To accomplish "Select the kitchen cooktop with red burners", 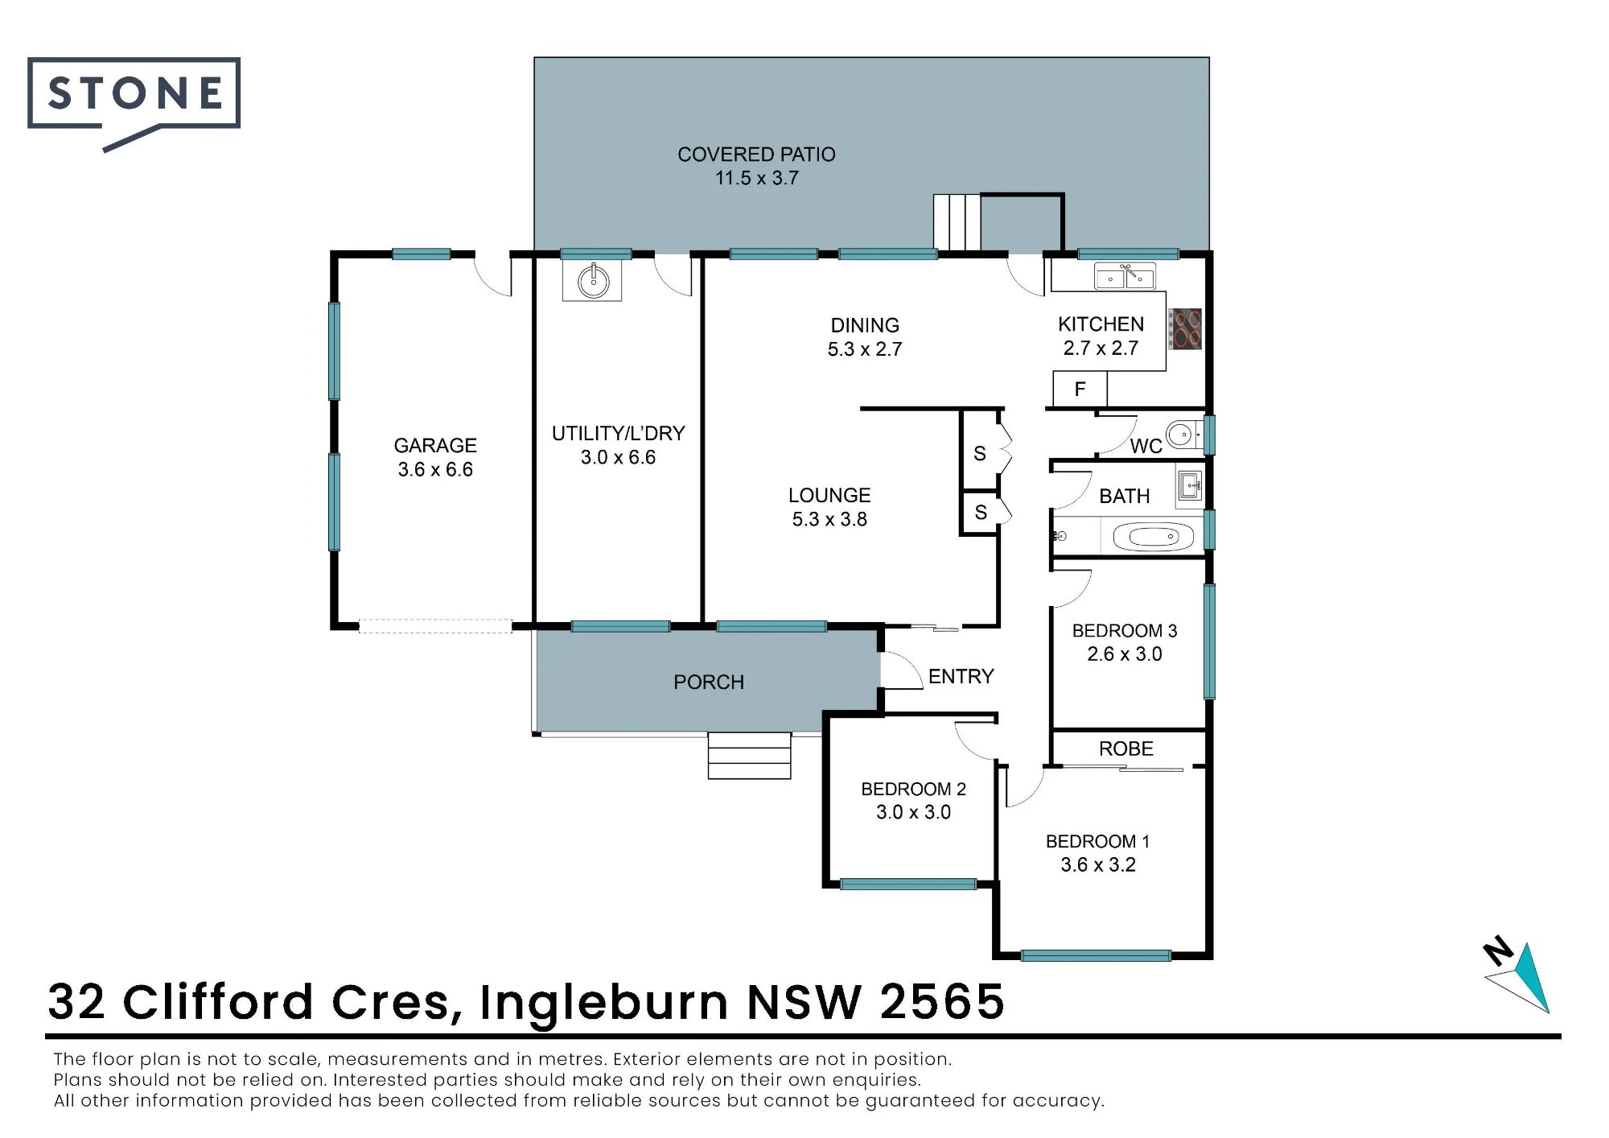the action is [x=1185, y=329].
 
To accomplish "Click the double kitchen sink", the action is [x=1125, y=276].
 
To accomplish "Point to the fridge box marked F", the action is [x=1080, y=390].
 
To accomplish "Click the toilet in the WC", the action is [x=1184, y=435].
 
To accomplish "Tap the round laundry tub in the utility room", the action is [x=594, y=281].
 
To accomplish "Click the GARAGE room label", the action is [x=435, y=445].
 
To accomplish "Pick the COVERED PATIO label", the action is [x=756, y=155].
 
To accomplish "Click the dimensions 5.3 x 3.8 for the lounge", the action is [x=829, y=520].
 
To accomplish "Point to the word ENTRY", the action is [x=961, y=676].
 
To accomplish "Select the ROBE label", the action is [x=1126, y=748].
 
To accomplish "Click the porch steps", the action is [x=749, y=756].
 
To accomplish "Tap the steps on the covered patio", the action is [x=957, y=222].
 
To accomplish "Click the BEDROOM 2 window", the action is [x=908, y=884].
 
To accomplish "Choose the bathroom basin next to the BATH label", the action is [x=1189, y=486].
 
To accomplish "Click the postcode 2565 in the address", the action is [x=942, y=1002].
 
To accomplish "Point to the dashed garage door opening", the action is [x=435, y=626].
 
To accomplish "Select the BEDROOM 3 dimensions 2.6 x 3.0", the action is [x=1125, y=654].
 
